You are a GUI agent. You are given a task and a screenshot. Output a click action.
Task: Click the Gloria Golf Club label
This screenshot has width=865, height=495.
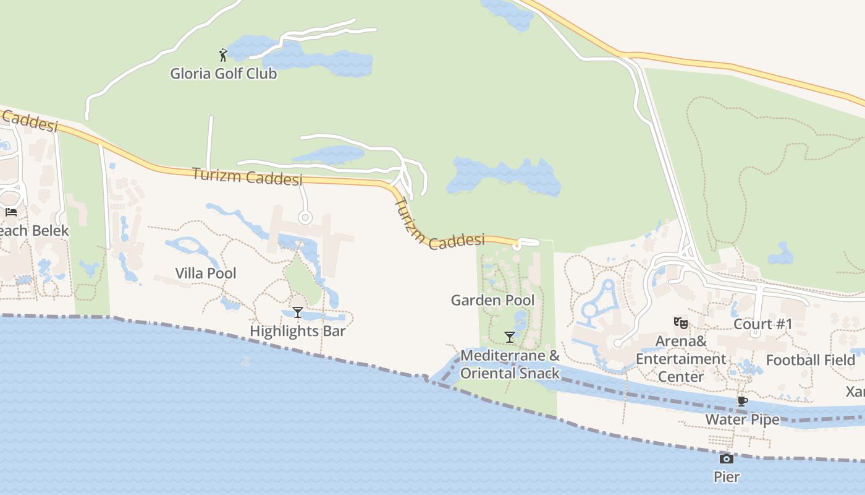click(224, 74)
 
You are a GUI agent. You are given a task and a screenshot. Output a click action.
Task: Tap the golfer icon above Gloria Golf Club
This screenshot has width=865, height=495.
click(223, 55)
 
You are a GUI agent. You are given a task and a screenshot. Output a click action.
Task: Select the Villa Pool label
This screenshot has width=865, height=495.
click(206, 273)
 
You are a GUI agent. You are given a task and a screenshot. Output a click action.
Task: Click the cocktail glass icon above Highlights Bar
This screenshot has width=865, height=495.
click(298, 312)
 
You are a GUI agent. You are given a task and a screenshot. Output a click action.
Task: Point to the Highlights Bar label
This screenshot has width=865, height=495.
click(297, 331)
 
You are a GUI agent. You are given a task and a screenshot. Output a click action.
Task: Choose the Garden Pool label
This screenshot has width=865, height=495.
click(492, 300)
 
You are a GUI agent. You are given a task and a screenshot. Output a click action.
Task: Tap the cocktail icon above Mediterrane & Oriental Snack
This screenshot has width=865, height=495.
click(510, 337)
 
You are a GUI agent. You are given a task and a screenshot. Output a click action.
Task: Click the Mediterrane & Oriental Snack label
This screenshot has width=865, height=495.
click(510, 364)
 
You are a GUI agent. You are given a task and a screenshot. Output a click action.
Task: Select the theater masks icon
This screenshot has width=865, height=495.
click(680, 322)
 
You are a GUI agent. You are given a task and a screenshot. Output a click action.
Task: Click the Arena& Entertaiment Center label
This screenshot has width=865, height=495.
click(680, 359)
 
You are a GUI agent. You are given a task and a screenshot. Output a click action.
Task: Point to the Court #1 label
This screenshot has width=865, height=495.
click(762, 324)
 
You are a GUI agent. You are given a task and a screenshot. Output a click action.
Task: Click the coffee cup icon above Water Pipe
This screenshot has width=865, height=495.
click(743, 402)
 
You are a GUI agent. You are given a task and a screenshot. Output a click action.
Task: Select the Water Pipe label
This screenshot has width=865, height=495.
click(743, 420)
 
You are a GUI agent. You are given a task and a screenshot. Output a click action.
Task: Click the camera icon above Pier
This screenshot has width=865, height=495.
click(727, 458)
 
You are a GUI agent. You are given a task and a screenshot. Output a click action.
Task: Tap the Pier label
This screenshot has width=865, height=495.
click(727, 476)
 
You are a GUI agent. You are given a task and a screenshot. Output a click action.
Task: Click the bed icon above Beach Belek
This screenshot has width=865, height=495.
click(11, 212)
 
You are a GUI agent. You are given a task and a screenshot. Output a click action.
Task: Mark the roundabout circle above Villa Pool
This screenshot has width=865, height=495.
click(304, 218)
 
